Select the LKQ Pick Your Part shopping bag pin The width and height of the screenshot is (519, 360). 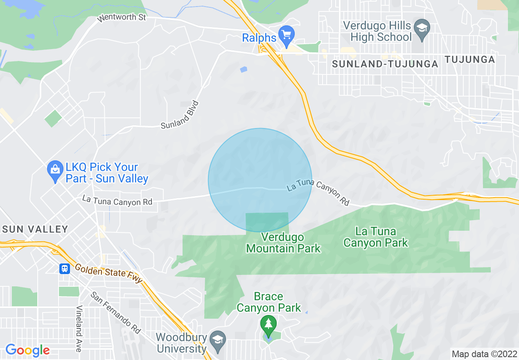tap(54, 173)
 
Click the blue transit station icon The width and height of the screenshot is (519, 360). tap(65, 268)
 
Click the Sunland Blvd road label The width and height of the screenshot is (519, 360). tap(180, 115)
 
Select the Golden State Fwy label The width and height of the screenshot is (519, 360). tap(108, 273)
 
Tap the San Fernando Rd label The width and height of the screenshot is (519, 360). tap(115, 312)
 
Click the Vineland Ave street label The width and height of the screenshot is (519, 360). tap(79, 328)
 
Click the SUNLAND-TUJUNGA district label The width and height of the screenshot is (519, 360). tap(385, 64)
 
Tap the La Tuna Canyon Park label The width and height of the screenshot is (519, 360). tap(376, 237)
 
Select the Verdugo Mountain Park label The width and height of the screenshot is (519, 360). tap(283, 243)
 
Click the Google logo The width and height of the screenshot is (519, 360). tap(27, 350)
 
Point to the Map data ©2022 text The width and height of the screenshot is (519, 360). tap(483, 353)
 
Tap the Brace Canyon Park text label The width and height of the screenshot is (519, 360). tap(269, 302)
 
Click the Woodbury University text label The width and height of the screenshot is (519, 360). tap(181, 343)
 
